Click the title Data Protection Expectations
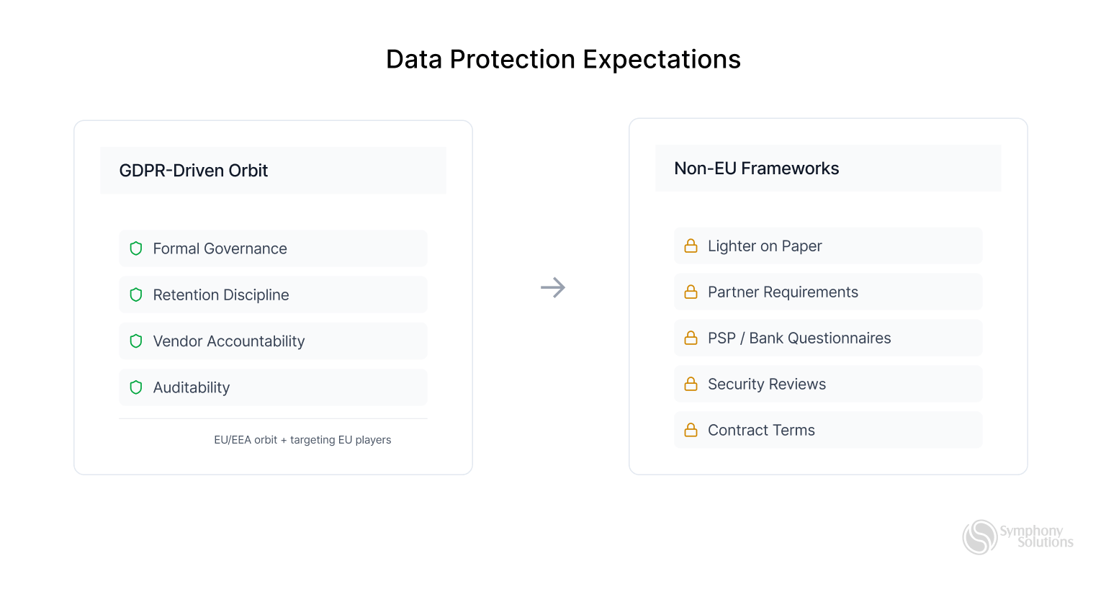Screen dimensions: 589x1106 tap(563, 59)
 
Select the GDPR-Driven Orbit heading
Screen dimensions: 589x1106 tap(193, 171)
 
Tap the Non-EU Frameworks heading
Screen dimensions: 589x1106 tap(756, 168)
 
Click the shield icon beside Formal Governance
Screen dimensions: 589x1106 tap(136, 248)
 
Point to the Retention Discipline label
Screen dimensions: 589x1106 tap(220, 295)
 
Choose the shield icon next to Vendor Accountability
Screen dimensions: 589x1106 tap(136, 341)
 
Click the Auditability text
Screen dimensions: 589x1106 tap(191, 387)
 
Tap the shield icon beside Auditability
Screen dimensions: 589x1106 tap(136, 387)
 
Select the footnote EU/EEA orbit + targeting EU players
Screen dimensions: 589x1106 tap(302, 440)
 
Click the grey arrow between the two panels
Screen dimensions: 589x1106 tap(553, 288)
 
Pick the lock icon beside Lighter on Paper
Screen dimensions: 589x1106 tap(691, 246)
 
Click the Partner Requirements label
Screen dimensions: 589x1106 tap(783, 292)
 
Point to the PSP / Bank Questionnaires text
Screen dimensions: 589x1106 tap(799, 338)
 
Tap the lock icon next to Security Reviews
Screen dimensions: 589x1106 tap(691, 385)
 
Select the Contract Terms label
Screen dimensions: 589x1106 tap(761, 431)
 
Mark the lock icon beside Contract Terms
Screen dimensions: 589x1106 tap(691, 431)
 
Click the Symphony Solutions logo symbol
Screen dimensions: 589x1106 tap(979, 537)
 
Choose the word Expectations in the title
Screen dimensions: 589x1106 tap(662, 59)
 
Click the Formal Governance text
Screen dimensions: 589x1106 tap(220, 249)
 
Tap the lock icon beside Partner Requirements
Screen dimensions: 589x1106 tap(691, 292)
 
